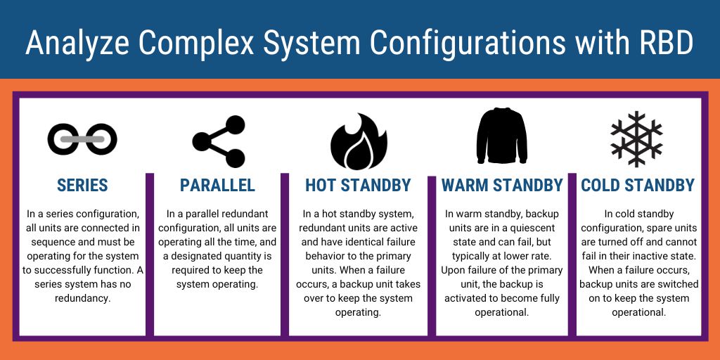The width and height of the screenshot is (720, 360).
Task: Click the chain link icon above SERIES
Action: pos(82,139)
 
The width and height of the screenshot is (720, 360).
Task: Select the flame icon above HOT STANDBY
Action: pos(359,139)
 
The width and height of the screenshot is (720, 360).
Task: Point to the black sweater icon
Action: pos(501,136)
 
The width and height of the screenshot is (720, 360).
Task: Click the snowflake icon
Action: pos(636,139)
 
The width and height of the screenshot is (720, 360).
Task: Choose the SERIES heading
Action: pos(82,186)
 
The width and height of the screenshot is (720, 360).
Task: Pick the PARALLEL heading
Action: pos(217,186)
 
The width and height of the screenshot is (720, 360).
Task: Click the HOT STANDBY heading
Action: pos(358,186)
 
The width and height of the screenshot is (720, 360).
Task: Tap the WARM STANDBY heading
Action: pos(502,186)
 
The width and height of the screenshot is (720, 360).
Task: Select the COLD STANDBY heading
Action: pos(638,186)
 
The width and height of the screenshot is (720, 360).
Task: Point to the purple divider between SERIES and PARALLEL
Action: pos(150,253)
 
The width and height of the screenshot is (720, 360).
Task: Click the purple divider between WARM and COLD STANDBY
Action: pos(572,253)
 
